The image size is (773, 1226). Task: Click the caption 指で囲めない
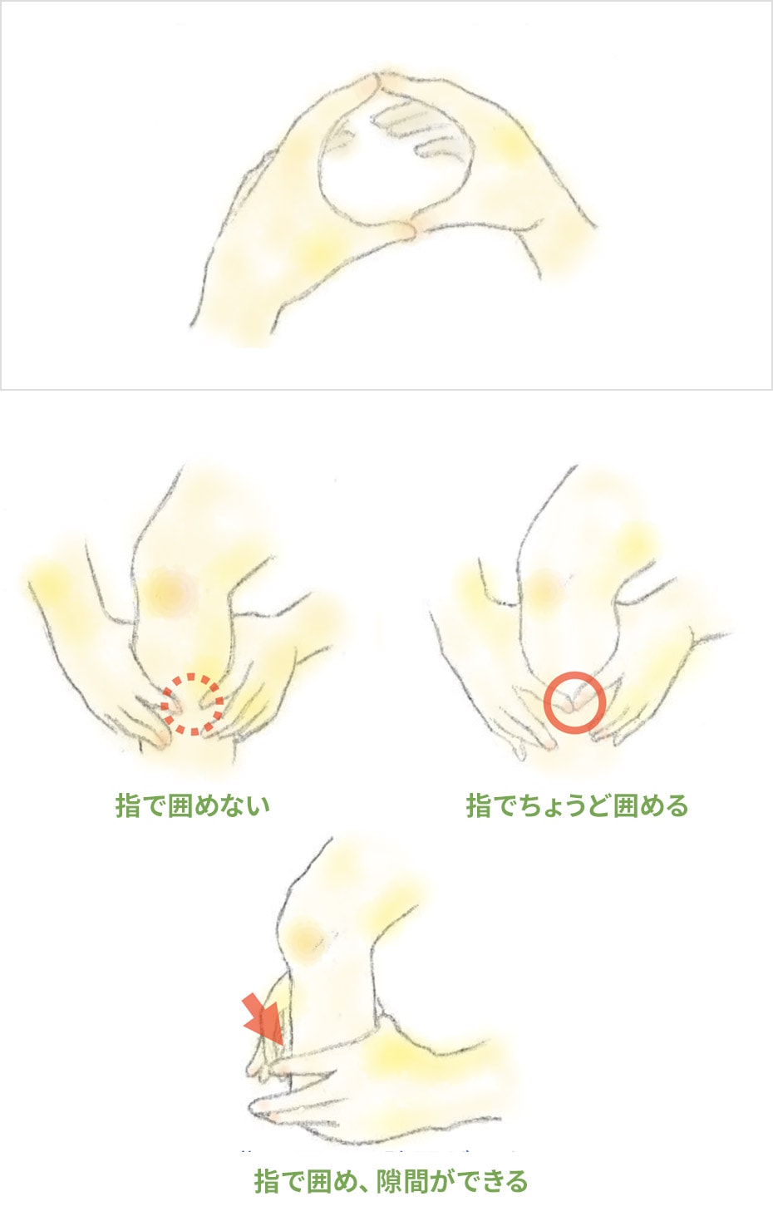193,805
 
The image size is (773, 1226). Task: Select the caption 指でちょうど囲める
577,805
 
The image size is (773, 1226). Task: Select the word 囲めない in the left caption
219,805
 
